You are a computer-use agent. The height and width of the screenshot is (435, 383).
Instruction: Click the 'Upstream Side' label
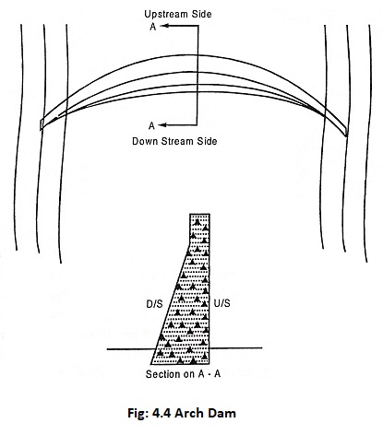178,14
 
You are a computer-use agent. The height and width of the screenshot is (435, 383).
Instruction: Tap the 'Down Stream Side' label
174,141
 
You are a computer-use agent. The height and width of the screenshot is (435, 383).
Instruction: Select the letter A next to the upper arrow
153,27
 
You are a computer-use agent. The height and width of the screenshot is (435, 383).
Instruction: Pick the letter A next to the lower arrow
151,125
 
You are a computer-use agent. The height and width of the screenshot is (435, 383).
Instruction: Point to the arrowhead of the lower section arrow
162,125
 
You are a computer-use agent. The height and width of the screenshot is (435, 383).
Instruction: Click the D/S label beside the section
154,304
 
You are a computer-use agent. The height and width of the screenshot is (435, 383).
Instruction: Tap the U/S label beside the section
221,303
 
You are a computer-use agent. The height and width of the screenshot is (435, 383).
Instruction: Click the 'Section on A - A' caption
183,374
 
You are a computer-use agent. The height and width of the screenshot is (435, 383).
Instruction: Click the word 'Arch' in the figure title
189,413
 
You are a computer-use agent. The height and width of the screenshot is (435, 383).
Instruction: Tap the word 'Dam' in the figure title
221,413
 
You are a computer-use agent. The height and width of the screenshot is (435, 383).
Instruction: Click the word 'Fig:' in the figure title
138,414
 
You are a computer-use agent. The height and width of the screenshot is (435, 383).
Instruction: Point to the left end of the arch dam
42,124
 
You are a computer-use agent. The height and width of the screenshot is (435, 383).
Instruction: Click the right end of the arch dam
346,133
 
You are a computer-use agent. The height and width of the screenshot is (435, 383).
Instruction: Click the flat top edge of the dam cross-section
199,214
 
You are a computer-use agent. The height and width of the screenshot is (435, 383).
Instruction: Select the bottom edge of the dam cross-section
180,364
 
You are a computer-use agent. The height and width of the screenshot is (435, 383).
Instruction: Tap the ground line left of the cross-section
131,349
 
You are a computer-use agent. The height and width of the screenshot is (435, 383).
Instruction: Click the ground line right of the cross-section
236,348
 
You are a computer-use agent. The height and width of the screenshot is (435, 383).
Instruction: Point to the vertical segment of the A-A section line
197,76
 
